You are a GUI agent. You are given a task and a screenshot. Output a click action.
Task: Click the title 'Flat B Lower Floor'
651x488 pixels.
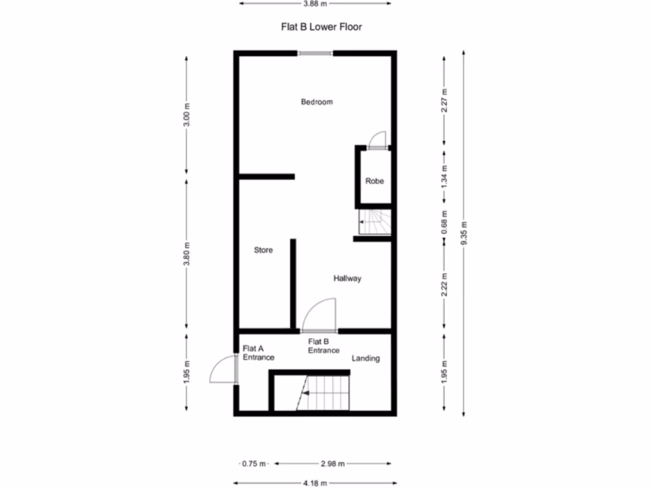tap(322, 27)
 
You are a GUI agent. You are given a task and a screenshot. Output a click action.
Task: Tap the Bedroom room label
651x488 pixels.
tap(317, 102)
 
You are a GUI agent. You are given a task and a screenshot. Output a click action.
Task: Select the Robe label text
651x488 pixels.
tap(374, 181)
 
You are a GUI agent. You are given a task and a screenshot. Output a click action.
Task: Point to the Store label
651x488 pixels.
tap(263, 250)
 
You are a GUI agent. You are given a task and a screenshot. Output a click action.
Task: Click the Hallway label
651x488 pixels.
tap(347, 278)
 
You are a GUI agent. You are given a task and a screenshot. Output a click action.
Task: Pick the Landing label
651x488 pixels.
tap(366, 358)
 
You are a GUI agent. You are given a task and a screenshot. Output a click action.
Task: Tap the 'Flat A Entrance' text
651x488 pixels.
tap(258, 353)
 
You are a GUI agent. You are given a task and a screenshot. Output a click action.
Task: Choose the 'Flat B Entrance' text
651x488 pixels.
tap(324, 346)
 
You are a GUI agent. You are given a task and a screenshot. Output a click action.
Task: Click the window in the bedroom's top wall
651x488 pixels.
tap(315, 53)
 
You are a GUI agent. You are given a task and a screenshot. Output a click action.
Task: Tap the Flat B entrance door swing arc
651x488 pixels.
tap(319, 315)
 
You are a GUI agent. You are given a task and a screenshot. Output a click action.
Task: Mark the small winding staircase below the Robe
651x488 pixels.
tap(374, 222)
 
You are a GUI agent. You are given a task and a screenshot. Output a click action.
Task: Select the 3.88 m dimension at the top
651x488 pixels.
tap(315, 3)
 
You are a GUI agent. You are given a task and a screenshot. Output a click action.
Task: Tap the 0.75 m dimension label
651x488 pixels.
tap(254, 463)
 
